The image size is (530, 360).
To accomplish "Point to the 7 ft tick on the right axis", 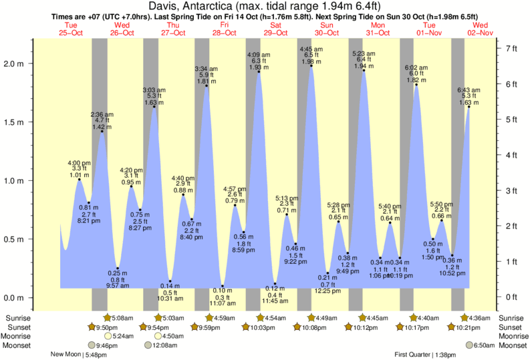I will (511, 49).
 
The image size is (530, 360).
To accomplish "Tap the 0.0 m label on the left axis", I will (17, 298).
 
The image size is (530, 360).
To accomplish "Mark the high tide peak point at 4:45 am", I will (311, 65).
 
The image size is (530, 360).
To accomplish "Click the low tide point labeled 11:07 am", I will (223, 286).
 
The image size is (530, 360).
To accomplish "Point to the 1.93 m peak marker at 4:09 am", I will (259, 71).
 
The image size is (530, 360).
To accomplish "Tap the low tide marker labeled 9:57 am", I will (118, 268).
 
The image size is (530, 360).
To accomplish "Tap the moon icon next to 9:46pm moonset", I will (92, 345).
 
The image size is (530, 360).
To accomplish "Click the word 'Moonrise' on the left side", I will (19, 337).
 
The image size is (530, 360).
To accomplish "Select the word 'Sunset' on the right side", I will (509, 327).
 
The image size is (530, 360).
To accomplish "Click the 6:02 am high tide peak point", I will (416, 84).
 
